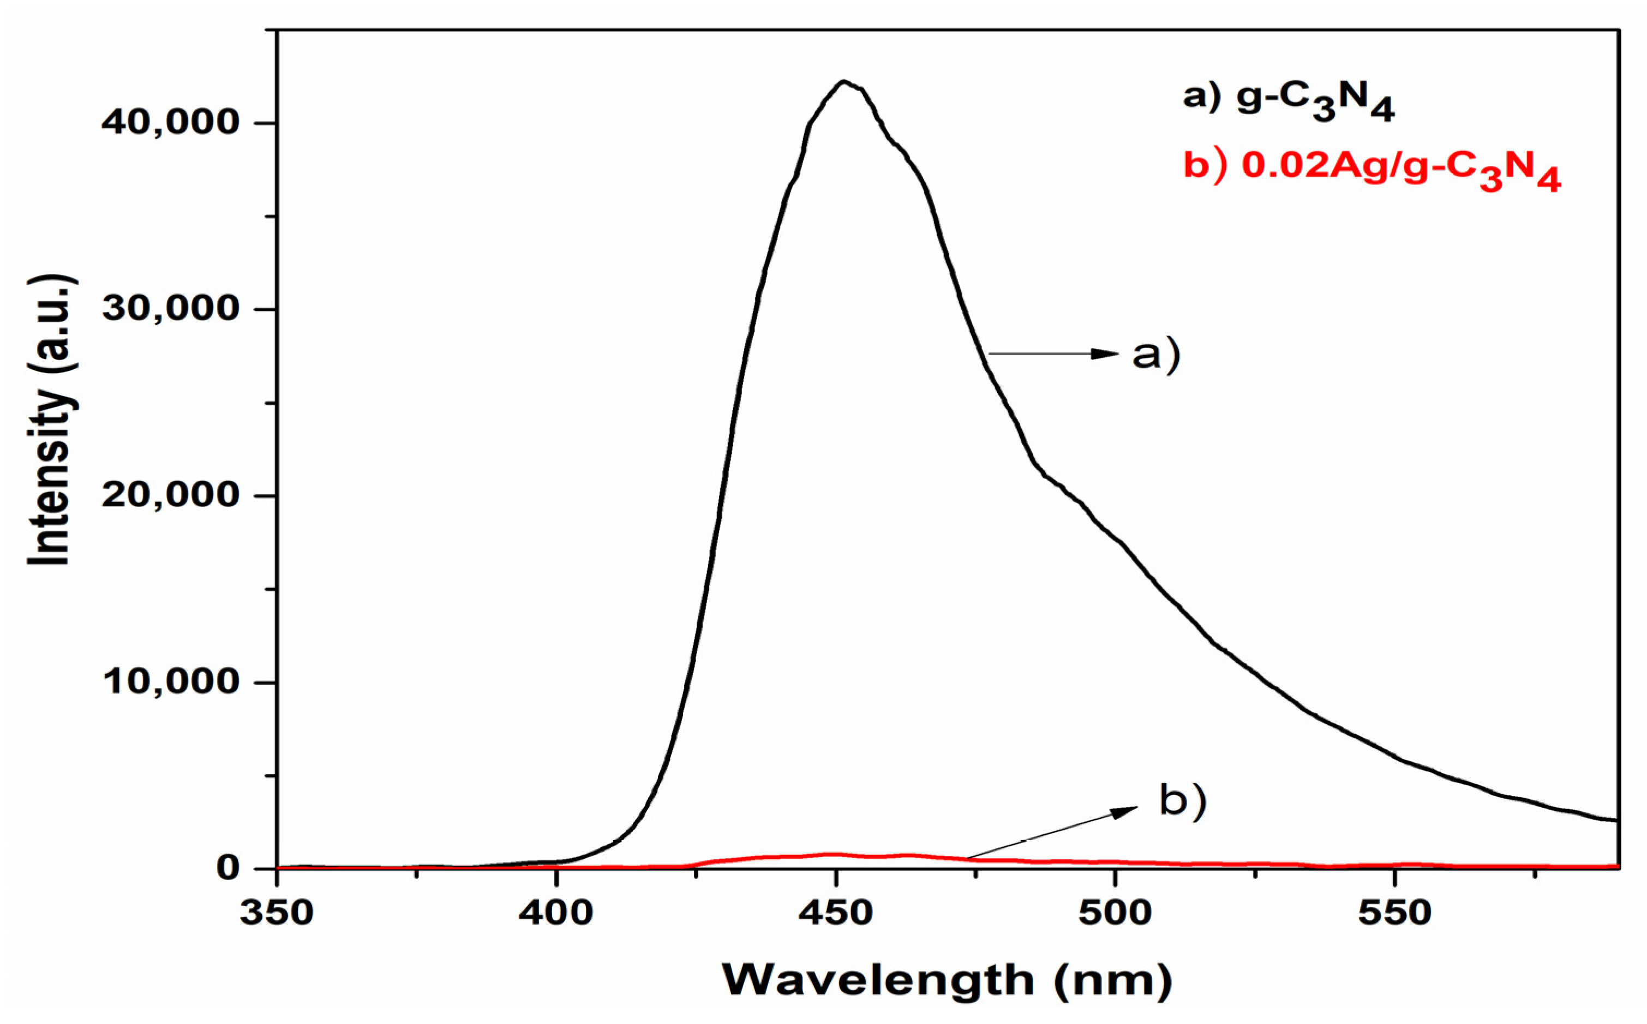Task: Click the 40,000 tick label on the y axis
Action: click(x=170, y=123)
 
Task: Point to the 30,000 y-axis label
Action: click(x=170, y=309)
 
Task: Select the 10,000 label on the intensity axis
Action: click(x=170, y=682)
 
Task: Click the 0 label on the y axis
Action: click(x=229, y=867)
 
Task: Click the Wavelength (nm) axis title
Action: click(x=947, y=980)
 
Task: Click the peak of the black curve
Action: click(x=843, y=82)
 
